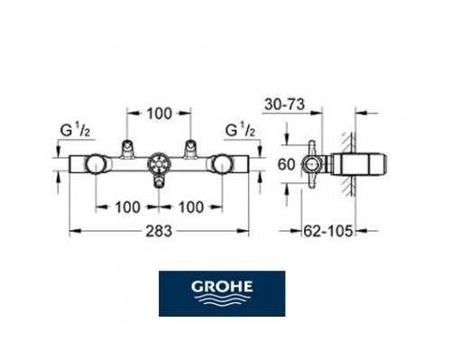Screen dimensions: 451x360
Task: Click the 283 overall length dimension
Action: pyautogui.click(x=159, y=231)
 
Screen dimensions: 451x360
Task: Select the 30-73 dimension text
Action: pyautogui.click(x=284, y=105)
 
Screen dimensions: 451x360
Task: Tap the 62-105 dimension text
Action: pyautogui.click(x=327, y=231)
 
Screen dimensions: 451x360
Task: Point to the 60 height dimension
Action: pyautogui.click(x=286, y=165)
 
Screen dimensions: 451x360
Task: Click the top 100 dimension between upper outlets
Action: pyautogui.click(x=159, y=114)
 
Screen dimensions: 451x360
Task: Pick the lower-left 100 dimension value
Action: pyautogui.click(x=127, y=208)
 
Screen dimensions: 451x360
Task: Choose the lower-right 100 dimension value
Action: pyautogui.click(x=191, y=208)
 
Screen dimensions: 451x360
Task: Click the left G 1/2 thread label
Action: pyautogui.click(x=75, y=131)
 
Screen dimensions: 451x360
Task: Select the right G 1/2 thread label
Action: pyautogui.click(x=240, y=131)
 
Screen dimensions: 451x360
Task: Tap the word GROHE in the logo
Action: pyautogui.click(x=222, y=287)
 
